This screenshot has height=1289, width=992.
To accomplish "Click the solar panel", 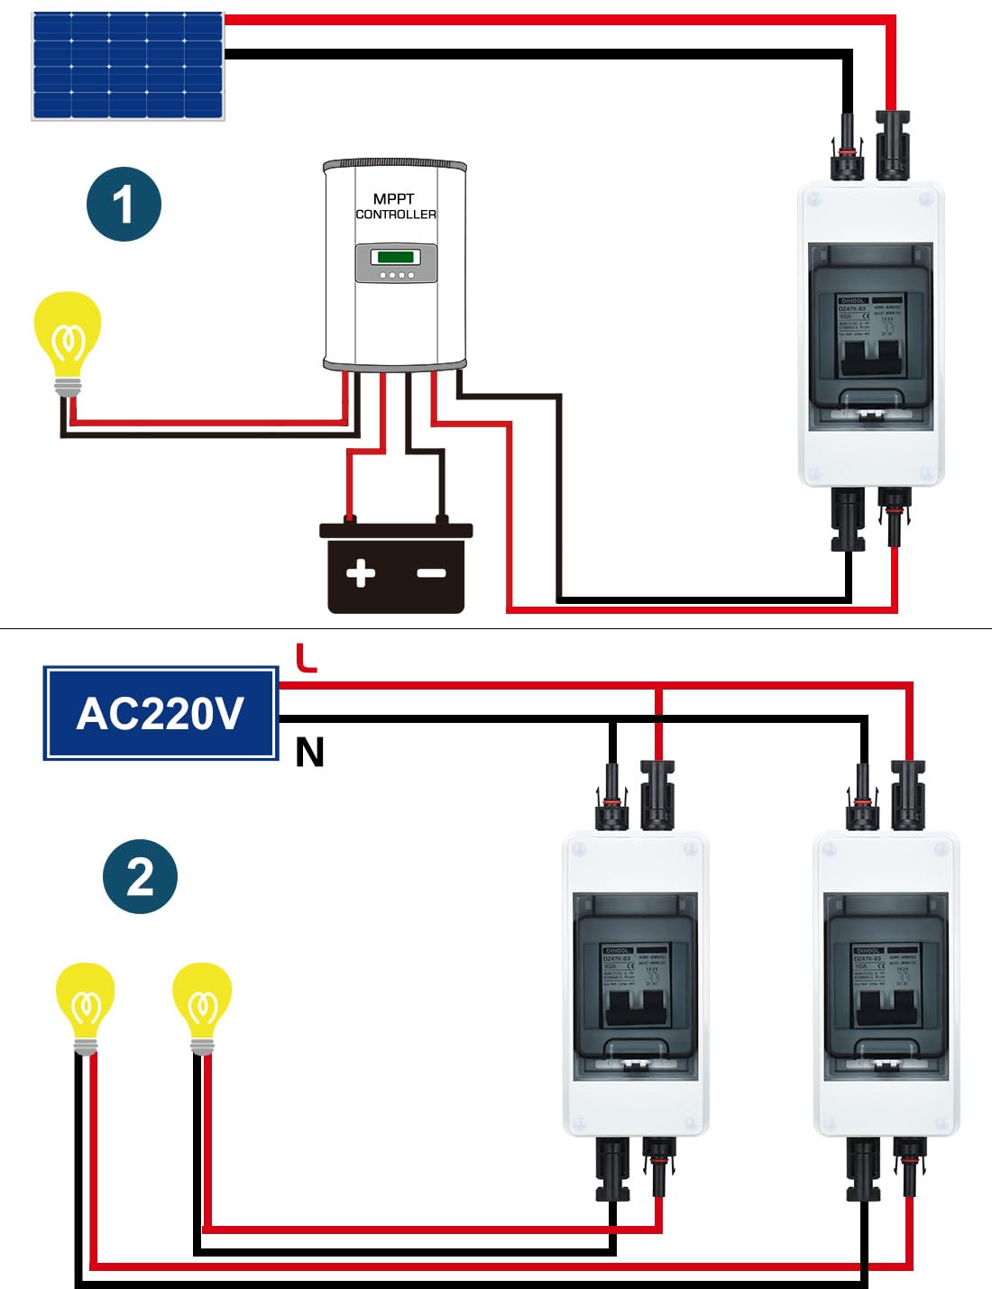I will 128,66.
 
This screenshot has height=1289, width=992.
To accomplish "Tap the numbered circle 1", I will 124,204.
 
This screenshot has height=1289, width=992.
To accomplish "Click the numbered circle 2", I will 140,876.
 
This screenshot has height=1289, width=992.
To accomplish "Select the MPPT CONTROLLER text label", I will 395,206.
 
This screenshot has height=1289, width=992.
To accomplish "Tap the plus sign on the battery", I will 361,572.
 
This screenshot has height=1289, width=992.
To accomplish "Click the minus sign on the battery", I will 431,572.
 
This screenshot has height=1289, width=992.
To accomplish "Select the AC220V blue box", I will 161,714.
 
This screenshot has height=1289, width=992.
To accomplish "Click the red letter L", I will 307,658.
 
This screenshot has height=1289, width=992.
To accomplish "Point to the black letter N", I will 309,752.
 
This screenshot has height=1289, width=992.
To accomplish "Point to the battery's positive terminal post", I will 350,519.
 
